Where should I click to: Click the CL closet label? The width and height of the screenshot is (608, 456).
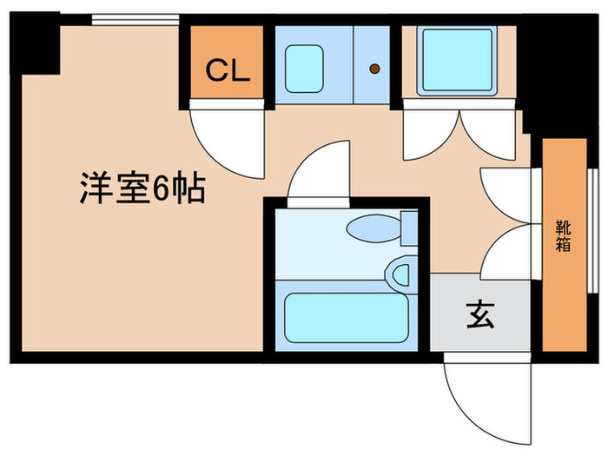pos(228,70)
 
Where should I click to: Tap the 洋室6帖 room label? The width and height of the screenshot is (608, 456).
pos(142,188)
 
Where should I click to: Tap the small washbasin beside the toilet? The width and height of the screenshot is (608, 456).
pos(400,274)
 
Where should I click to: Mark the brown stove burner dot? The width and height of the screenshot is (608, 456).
pos(374,69)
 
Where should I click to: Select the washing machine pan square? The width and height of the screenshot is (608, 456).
pos(456,59)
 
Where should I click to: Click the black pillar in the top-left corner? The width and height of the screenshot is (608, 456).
pos(36,48)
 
